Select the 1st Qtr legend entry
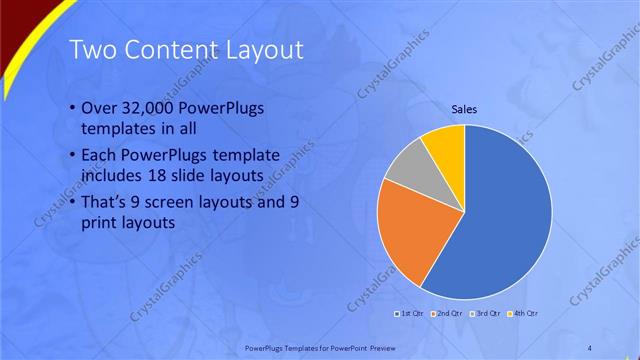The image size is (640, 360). coord(408,314)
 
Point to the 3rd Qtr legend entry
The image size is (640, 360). coord(485,314)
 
